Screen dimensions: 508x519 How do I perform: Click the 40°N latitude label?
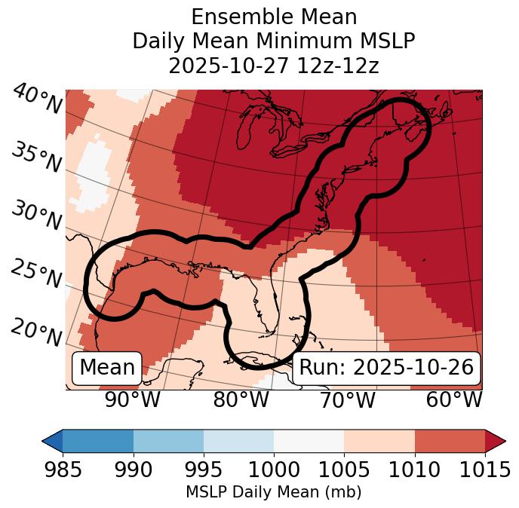tap(37, 99)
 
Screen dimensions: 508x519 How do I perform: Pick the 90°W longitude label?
tap(132, 400)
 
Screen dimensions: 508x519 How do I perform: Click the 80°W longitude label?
tap(241, 400)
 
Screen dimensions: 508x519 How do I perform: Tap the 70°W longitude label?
tap(348, 400)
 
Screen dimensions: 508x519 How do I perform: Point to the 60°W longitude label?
tap(454, 400)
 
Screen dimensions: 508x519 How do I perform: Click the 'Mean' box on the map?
tap(106, 368)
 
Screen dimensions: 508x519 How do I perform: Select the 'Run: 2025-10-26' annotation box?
tap(386, 368)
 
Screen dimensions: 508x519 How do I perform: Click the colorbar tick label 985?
tap(63, 470)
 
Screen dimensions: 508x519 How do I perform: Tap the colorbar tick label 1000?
tap(274, 470)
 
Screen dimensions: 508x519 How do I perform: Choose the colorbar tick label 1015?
tap(484, 470)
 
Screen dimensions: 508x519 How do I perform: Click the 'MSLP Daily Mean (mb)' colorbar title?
tap(274, 493)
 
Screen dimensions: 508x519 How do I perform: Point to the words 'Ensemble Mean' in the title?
tap(274, 17)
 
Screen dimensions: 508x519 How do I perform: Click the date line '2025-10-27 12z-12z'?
tap(274, 66)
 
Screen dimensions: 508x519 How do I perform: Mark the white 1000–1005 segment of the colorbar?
tap(309, 440)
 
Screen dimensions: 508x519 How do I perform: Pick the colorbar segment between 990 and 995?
tap(168, 440)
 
